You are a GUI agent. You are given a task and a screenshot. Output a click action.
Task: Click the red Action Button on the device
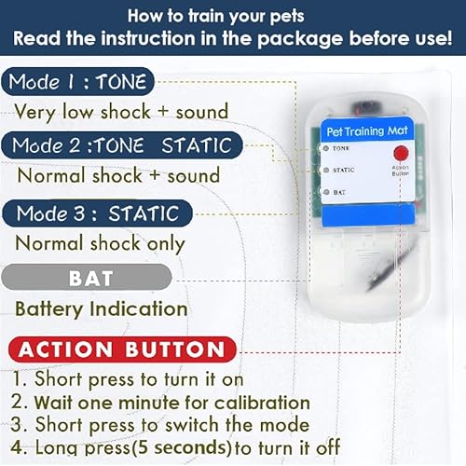(401, 153)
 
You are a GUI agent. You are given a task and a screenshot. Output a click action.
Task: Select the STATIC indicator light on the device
(323, 171)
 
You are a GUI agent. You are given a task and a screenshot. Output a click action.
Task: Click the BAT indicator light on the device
(323, 192)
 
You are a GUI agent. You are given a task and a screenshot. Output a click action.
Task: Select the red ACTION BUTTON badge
(121, 350)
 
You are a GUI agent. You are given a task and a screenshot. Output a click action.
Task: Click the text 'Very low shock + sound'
(121, 112)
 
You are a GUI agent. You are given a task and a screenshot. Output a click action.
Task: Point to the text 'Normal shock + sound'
(118, 175)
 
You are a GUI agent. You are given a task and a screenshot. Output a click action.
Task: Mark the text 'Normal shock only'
(101, 243)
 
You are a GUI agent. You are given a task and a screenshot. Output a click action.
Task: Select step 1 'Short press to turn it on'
(130, 379)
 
